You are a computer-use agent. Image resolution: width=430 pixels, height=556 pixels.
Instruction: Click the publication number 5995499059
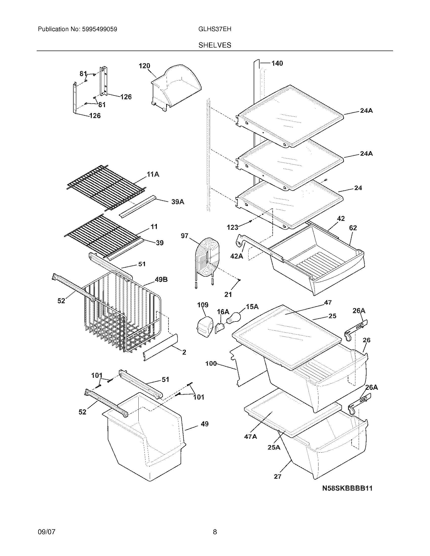pyautogui.click(x=100, y=29)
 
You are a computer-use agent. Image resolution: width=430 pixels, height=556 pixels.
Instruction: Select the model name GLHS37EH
pyautogui.click(x=214, y=29)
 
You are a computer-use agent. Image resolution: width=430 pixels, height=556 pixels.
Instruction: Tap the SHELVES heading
pyautogui.click(x=215, y=45)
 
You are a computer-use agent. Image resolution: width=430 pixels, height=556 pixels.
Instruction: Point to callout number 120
pyautogui.click(x=144, y=66)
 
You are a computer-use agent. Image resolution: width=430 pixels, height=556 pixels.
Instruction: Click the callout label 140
pyautogui.click(x=277, y=63)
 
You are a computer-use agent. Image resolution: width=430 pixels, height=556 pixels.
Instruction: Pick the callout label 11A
pyautogui.click(x=153, y=174)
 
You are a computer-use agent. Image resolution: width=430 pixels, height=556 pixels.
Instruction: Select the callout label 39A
pyautogui.click(x=178, y=202)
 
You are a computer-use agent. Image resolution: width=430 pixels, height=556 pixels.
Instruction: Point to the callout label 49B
pyautogui.click(x=161, y=280)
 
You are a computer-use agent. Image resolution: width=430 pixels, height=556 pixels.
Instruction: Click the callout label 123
pyautogui.click(x=232, y=227)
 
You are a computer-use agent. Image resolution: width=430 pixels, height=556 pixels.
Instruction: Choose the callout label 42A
pyautogui.click(x=236, y=256)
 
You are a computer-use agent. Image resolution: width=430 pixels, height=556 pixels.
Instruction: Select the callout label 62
pyautogui.click(x=353, y=228)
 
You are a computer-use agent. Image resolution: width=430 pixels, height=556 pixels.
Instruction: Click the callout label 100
pyautogui.click(x=211, y=363)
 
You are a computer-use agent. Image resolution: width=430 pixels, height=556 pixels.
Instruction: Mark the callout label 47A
pyautogui.click(x=250, y=437)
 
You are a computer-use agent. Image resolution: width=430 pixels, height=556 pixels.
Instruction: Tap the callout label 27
pyautogui.click(x=277, y=476)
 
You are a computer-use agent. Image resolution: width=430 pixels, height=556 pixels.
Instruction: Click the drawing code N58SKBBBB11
pyautogui.click(x=347, y=488)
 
